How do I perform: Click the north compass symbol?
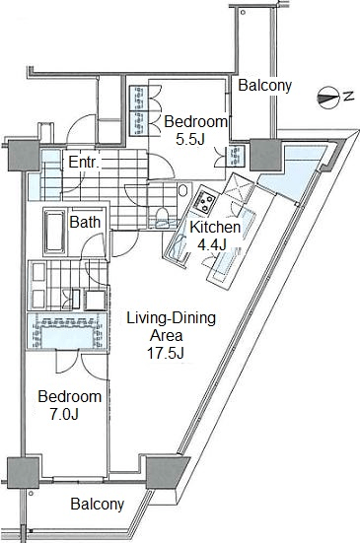327,98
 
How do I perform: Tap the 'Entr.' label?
84,162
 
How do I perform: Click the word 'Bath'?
85,222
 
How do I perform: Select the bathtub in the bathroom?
54,232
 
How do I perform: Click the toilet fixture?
162,218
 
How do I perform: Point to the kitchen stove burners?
205,202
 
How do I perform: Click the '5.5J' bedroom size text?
190,139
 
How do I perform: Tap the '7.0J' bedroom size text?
64,414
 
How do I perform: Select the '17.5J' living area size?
166,353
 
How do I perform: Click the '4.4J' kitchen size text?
212,244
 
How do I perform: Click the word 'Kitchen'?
215,228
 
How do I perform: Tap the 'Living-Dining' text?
172,318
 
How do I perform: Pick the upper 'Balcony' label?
265,86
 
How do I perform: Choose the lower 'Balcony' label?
98,504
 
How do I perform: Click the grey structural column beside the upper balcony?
265,155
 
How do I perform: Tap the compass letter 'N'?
348,96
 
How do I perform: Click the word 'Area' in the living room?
166,336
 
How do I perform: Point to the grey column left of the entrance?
24,156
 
